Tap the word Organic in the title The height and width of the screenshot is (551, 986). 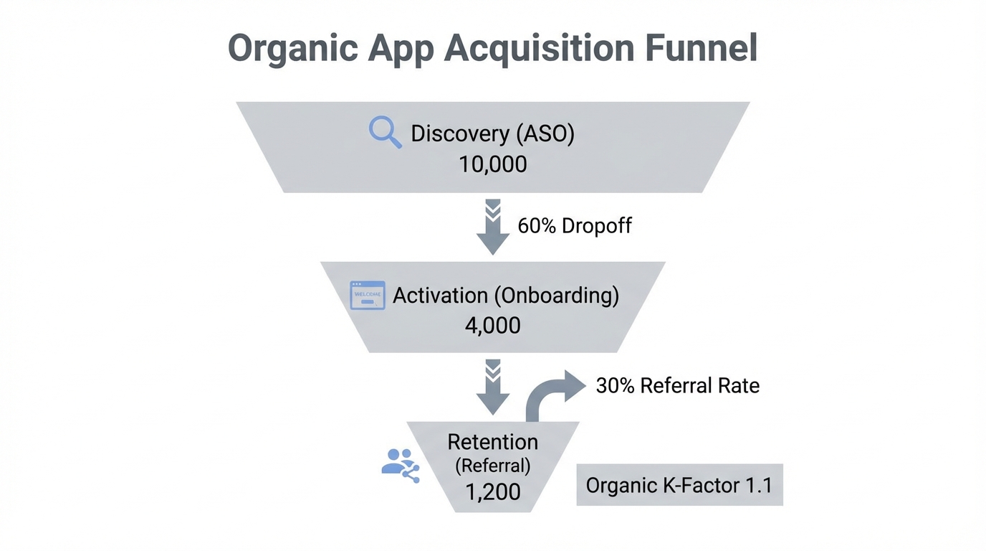click(x=292, y=49)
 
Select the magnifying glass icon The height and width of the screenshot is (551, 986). click(x=385, y=133)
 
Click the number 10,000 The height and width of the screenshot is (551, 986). click(x=493, y=164)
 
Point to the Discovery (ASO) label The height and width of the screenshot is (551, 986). click(x=493, y=133)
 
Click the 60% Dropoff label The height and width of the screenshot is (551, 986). click(x=575, y=226)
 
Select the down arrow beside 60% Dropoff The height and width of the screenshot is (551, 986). click(x=493, y=227)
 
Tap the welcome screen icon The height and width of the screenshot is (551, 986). click(x=368, y=296)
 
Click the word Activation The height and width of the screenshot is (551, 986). click(x=441, y=296)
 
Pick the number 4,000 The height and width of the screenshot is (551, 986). click(x=493, y=326)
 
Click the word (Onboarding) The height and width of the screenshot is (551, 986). click(x=557, y=296)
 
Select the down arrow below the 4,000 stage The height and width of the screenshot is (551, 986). click(x=493, y=387)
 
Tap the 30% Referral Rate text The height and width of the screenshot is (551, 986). click(x=677, y=386)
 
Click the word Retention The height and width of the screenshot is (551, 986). click(x=493, y=442)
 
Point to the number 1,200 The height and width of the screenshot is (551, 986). click(x=493, y=492)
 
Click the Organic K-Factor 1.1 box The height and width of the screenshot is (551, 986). click(x=679, y=486)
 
